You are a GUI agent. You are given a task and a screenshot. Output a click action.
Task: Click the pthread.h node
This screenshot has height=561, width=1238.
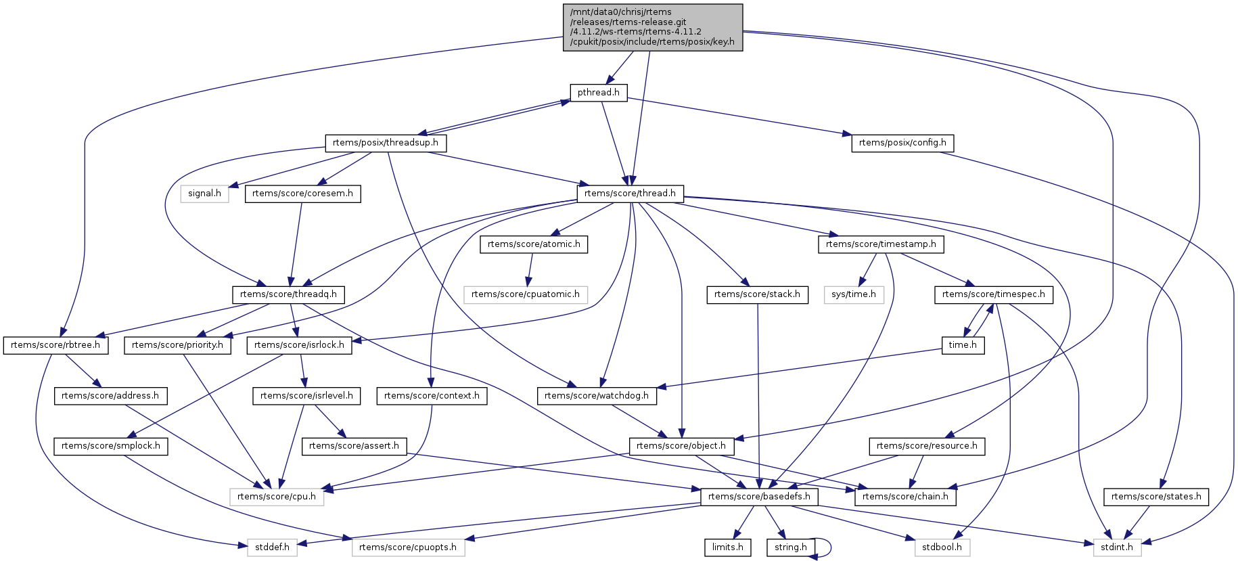599,93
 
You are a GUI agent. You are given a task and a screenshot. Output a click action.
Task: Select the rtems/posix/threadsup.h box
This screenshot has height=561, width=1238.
386,143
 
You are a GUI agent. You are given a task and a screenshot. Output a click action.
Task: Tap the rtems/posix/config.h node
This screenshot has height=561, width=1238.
902,143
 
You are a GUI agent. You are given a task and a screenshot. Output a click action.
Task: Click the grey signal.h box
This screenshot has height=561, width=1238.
204,194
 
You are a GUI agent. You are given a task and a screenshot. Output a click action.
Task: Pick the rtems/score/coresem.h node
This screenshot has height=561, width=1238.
302,194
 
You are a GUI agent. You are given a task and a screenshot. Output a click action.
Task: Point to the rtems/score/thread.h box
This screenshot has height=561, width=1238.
630,194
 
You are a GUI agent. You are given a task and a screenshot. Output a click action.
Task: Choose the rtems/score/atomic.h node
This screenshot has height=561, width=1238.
534,244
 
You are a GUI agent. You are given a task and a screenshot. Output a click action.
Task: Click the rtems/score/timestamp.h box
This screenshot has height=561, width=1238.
881,244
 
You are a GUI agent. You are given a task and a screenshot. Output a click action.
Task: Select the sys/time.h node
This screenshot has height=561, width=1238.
854,294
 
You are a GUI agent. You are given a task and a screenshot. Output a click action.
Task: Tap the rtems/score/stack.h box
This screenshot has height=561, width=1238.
757,294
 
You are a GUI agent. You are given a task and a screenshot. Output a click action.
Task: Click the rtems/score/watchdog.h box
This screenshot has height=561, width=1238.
597,396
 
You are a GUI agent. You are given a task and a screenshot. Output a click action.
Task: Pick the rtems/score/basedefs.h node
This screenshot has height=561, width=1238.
759,497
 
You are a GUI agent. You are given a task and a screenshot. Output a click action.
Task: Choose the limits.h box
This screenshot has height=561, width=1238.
727,547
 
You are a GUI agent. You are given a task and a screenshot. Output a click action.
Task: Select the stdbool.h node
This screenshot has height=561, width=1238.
942,547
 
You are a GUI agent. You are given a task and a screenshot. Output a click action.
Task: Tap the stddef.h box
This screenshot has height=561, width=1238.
272,547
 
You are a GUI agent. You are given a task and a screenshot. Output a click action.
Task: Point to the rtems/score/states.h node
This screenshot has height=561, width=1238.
1156,497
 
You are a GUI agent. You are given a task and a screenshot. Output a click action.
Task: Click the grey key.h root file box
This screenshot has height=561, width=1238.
653,27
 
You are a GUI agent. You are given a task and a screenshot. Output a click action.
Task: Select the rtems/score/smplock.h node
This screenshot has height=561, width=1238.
111,446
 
